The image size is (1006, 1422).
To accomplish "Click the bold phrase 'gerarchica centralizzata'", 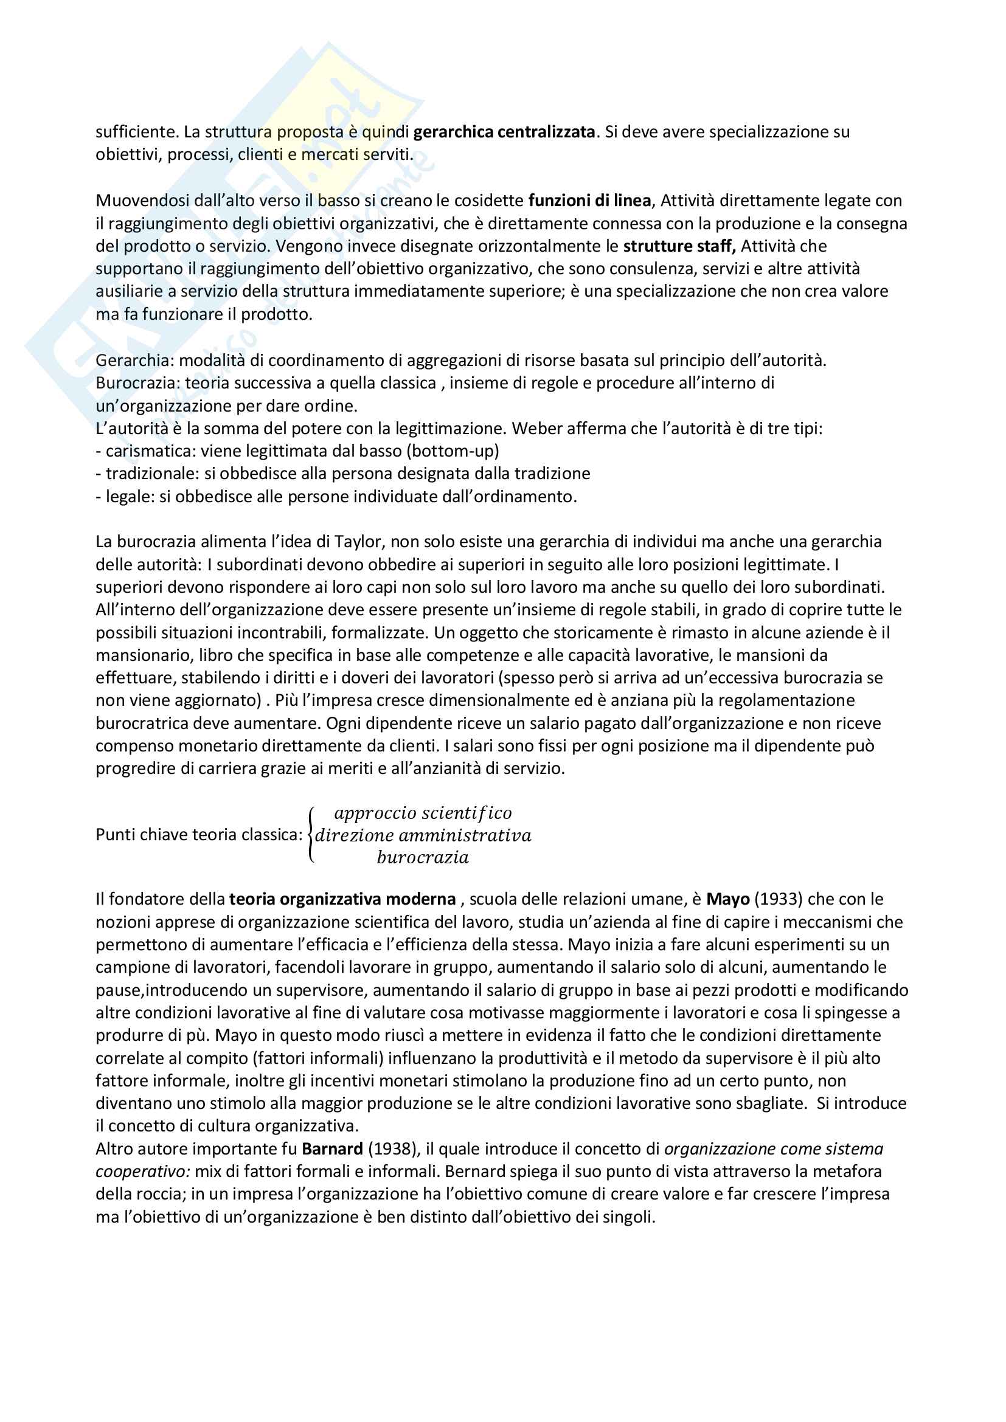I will [504, 132].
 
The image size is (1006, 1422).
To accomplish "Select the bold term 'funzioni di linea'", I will [589, 201].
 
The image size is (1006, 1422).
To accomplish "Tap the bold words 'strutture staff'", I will [679, 246].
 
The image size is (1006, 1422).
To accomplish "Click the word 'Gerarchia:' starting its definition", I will [135, 360].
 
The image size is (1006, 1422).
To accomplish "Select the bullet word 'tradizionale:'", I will [153, 474].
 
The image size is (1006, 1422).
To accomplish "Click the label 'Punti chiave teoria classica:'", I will [199, 835].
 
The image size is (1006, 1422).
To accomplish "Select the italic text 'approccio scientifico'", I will [423, 813].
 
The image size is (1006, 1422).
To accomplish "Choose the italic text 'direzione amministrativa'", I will [423, 835].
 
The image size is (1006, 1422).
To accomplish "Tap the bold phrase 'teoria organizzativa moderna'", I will [342, 899].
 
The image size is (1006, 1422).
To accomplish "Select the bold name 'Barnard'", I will [332, 1149].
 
